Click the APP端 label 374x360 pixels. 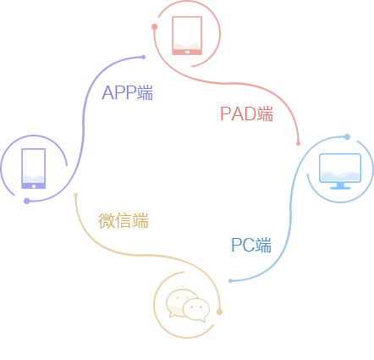click(128, 93)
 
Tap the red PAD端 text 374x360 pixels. click(247, 114)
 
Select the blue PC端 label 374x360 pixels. click(251, 246)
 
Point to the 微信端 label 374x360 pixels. click(124, 221)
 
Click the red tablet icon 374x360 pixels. click(187, 35)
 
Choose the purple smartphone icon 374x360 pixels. click(33, 169)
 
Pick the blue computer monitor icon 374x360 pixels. click(339, 171)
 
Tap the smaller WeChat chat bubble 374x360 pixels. click(197, 310)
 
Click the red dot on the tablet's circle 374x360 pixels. click(154, 26)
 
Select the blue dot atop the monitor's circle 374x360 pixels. click(347, 136)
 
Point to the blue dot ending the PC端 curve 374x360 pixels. click(230, 280)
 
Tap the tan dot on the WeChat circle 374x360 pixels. click(219, 313)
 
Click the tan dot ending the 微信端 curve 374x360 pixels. click(75, 195)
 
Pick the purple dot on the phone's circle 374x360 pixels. click(27, 201)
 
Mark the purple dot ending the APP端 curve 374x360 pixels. click(144, 57)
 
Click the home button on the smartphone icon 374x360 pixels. click(33, 185)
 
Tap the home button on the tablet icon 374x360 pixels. click(187, 51)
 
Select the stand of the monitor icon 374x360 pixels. click(339, 186)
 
